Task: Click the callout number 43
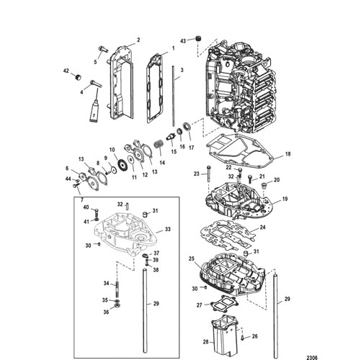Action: pos(183,41)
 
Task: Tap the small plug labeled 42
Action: pos(79,77)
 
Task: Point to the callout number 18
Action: pos(288,154)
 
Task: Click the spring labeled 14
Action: pos(158,145)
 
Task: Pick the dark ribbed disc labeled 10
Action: pos(123,166)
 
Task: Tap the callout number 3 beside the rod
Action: pos(182,70)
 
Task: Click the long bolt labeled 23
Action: pos(209,174)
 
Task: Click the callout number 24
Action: pos(263,227)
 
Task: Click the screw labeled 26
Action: pos(242,338)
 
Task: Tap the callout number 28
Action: pos(205,342)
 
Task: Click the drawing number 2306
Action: pos(312,358)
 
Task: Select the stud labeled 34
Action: pos(117,289)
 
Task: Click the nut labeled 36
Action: pos(117,305)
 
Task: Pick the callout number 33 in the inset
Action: pos(167,229)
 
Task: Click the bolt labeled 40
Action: pos(97,213)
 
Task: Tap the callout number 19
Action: pos(285,199)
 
